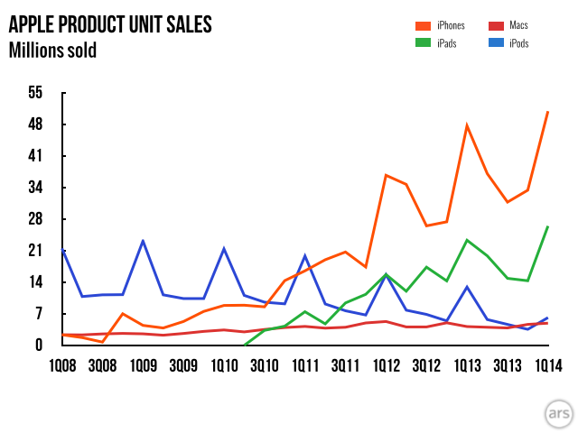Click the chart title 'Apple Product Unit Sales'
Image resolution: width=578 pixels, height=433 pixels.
pyautogui.click(x=110, y=24)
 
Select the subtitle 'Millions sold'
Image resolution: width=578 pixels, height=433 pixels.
pyautogui.click(x=52, y=50)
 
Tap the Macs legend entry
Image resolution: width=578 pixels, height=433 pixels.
pyautogui.click(x=506, y=25)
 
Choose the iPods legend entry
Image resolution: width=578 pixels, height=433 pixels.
pyautogui.click(x=506, y=43)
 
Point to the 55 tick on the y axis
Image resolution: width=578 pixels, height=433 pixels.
pyautogui.click(x=35, y=92)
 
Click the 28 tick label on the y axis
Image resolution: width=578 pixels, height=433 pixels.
pyautogui.click(x=35, y=219)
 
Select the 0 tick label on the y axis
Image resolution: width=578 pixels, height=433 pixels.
pyautogui.click(x=39, y=345)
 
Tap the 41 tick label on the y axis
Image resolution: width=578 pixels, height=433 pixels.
pyautogui.click(x=35, y=156)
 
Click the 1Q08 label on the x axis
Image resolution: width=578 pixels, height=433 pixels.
pyautogui.click(x=62, y=366)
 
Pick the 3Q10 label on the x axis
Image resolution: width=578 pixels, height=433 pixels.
pyautogui.click(x=264, y=366)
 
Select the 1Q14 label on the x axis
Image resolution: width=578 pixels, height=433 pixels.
pyautogui.click(x=547, y=366)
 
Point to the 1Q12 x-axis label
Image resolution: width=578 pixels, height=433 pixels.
pyautogui.click(x=386, y=366)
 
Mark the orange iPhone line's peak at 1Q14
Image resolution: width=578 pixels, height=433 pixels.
pyautogui.click(x=547, y=112)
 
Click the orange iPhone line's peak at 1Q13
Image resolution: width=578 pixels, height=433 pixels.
pyautogui.click(x=467, y=125)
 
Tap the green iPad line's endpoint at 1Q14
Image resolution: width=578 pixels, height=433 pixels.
pyautogui.click(x=547, y=226)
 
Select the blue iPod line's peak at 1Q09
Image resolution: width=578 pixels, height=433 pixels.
pyautogui.click(x=143, y=241)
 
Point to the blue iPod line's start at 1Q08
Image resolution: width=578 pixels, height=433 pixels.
pyautogui.click(x=62, y=250)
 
